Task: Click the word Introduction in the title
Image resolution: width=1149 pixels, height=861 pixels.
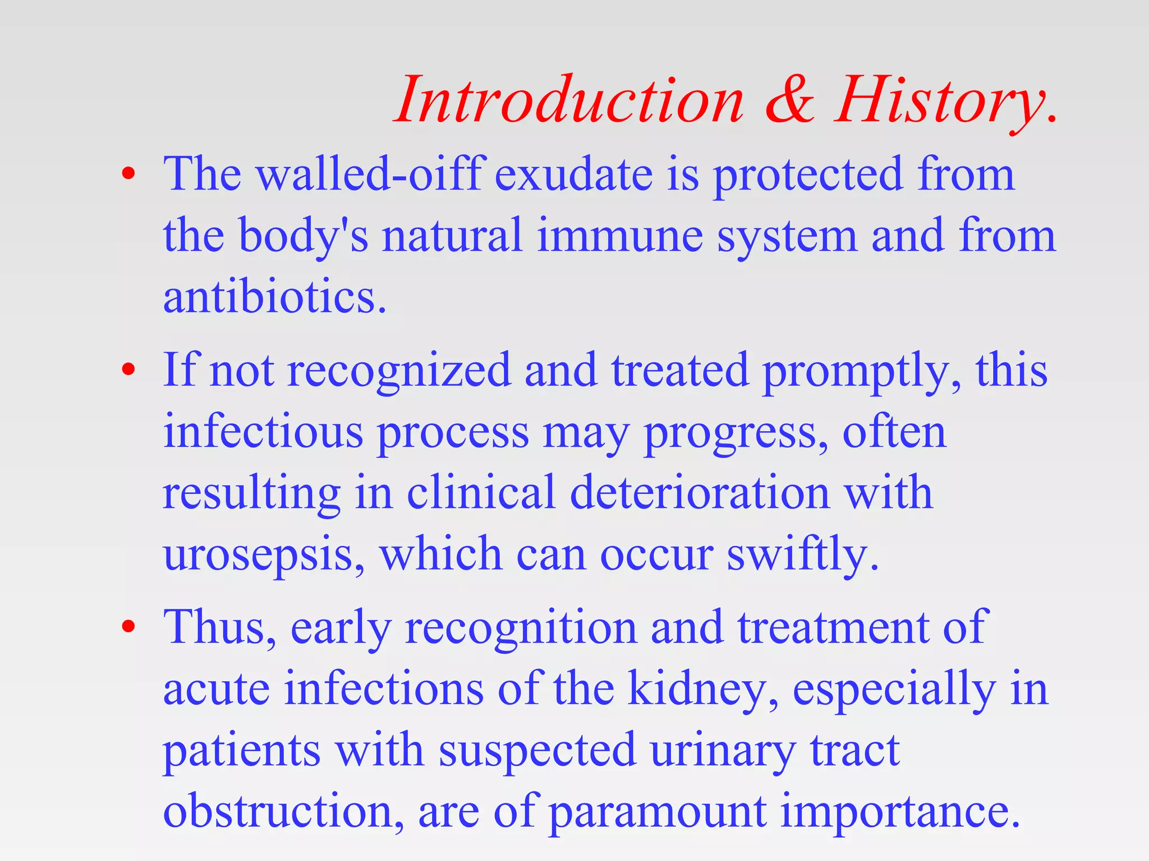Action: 570,101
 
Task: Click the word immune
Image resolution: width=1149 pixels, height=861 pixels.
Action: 619,235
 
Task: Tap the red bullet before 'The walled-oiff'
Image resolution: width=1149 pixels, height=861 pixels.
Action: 128,174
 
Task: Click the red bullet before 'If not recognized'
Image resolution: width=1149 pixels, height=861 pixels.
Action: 128,369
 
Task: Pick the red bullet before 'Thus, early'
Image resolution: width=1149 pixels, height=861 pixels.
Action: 128,626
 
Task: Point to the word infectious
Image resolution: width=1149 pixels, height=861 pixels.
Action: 263,432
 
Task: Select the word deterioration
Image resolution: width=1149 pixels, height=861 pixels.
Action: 699,492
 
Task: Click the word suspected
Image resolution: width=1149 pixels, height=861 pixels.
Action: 537,750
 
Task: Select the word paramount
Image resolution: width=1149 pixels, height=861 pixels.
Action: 657,812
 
